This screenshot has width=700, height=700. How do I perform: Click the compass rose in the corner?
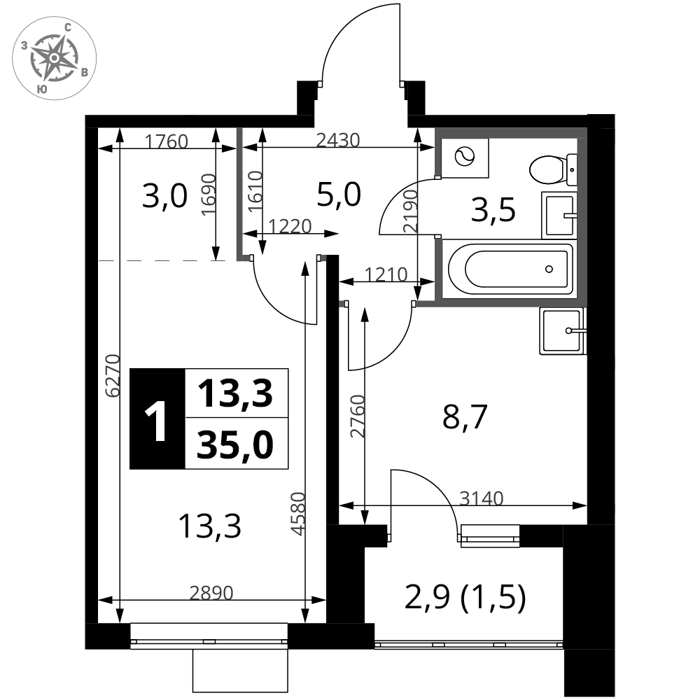tap(54, 58)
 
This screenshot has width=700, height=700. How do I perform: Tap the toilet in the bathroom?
tap(553, 169)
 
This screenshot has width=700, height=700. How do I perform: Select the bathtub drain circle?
tap(549, 269)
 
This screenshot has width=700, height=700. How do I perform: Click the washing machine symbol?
tap(465, 157)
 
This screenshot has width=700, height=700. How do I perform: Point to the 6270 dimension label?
tap(113, 375)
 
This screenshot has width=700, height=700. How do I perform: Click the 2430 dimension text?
tap(338, 140)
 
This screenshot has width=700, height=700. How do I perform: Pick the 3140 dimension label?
tap(482, 498)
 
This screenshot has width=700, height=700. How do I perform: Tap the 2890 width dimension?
tap(211, 593)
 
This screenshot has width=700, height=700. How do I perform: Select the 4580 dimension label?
tap(297, 513)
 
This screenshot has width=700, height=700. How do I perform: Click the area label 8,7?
tap(464, 417)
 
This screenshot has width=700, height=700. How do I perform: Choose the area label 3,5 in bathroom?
tap(493, 210)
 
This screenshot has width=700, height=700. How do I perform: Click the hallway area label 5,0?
tap(338, 195)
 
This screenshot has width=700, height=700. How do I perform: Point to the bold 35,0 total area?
tap(235, 445)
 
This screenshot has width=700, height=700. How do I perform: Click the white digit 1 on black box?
tap(157, 419)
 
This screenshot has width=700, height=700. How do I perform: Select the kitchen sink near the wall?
tap(563, 331)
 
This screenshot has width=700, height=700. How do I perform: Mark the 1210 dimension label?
tap(386, 274)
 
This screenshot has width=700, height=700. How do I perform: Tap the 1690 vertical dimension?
tap(209, 195)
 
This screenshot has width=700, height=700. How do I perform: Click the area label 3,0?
tap(164, 197)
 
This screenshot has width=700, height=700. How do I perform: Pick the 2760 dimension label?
tap(358, 416)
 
